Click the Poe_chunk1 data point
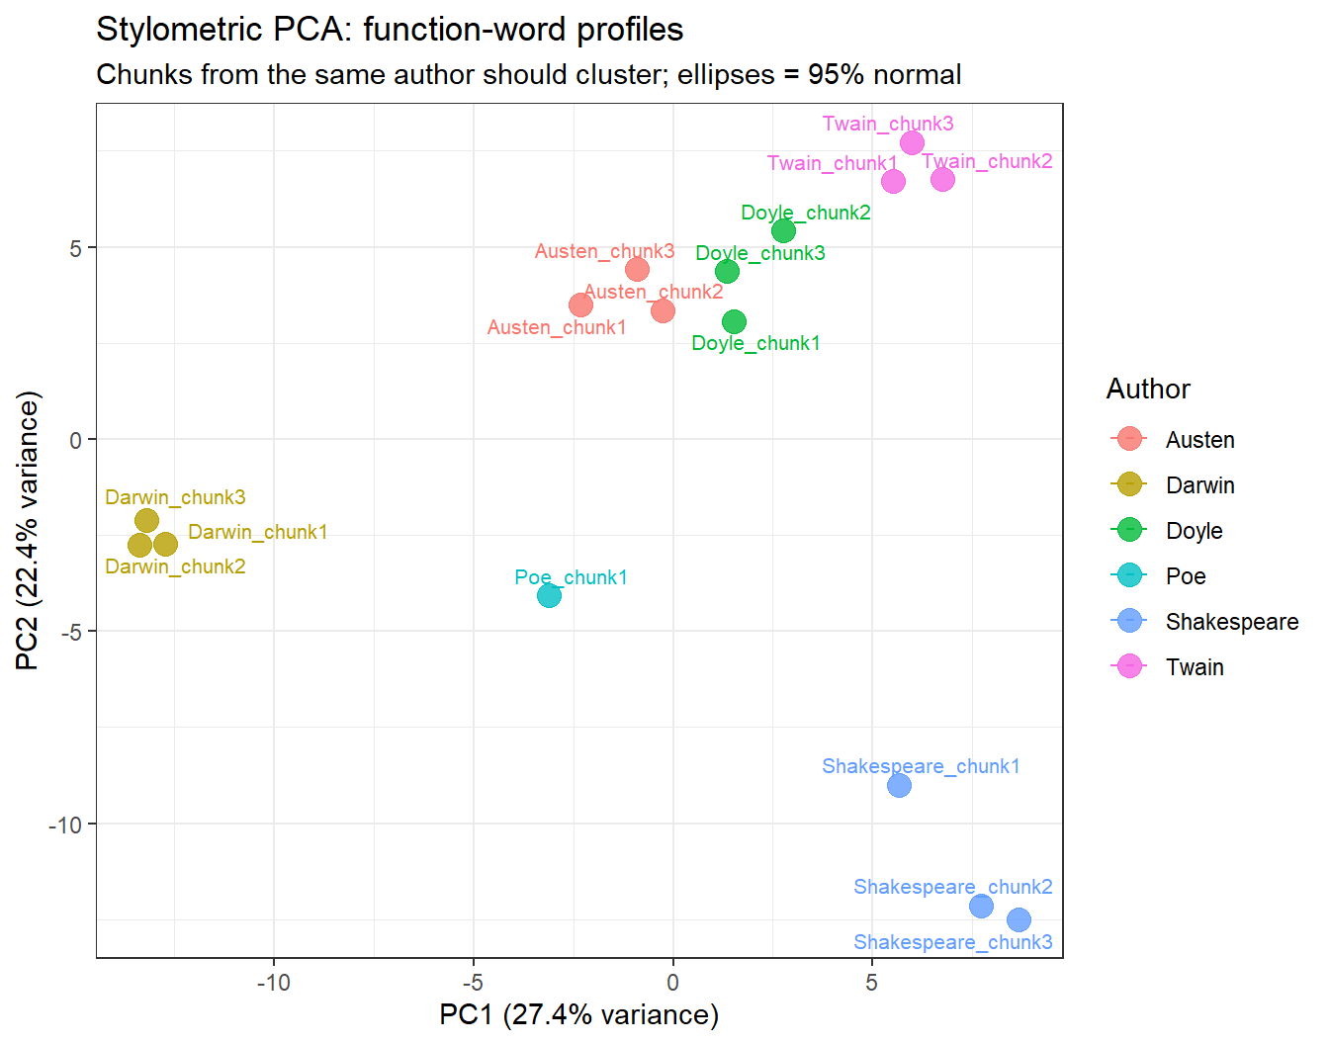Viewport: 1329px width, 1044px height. [x=549, y=595]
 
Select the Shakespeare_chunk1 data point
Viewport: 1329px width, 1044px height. [x=899, y=785]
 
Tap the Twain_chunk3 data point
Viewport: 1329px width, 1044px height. [x=912, y=142]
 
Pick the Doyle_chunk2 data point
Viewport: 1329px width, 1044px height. [x=783, y=230]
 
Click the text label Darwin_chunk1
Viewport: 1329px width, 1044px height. [x=257, y=532]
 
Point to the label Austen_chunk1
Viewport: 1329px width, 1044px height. [x=557, y=327]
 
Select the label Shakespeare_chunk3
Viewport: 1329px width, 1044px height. [x=952, y=942]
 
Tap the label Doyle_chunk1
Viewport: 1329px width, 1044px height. [x=755, y=343]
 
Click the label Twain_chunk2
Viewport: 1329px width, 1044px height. [x=987, y=161]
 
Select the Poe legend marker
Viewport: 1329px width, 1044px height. [x=1128, y=575]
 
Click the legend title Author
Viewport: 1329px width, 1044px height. [x=1148, y=390]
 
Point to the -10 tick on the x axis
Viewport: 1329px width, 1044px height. [x=274, y=983]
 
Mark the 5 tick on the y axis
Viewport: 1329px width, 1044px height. [x=76, y=248]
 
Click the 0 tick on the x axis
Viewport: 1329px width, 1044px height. [x=672, y=983]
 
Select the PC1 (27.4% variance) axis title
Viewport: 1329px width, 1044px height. [x=578, y=1015]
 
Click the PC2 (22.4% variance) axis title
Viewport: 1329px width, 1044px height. [x=29, y=531]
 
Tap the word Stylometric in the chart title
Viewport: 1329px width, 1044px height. [x=179, y=30]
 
